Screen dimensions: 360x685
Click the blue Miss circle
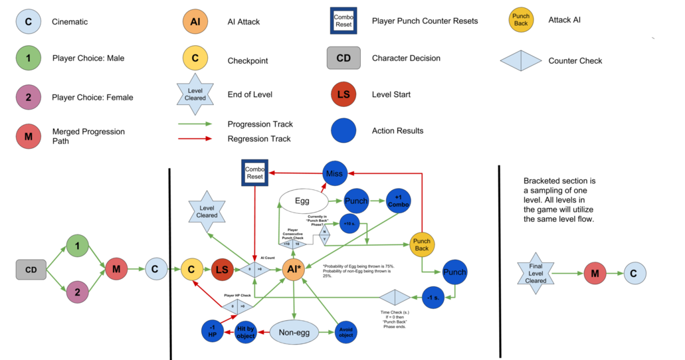coord(334,173)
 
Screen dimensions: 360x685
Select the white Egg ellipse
coord(302,201)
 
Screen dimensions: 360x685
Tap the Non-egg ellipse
coord(293,332)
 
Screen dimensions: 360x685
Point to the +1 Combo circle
coord(398,201)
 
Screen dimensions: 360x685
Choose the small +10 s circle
coord(349,224)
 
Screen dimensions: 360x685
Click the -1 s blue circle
coord(433,298)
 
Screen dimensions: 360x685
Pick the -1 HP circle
coord(213,331)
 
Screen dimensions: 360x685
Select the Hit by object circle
coord(245,331)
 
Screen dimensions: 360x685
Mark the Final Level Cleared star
coord(536,272)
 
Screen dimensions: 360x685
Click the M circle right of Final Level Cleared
coord(594,273)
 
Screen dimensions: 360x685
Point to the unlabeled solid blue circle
coord(343,130)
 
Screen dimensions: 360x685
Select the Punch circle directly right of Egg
coord(356,201)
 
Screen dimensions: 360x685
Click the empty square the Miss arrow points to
coord(254,173)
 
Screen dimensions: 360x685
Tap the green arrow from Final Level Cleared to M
coord(565,273)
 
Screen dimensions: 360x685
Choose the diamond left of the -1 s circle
coord(395,298)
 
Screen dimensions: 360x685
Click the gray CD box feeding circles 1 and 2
coord(31,270)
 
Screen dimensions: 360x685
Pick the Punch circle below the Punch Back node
coord(454,272)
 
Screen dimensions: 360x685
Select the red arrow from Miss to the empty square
coord(295,173)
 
